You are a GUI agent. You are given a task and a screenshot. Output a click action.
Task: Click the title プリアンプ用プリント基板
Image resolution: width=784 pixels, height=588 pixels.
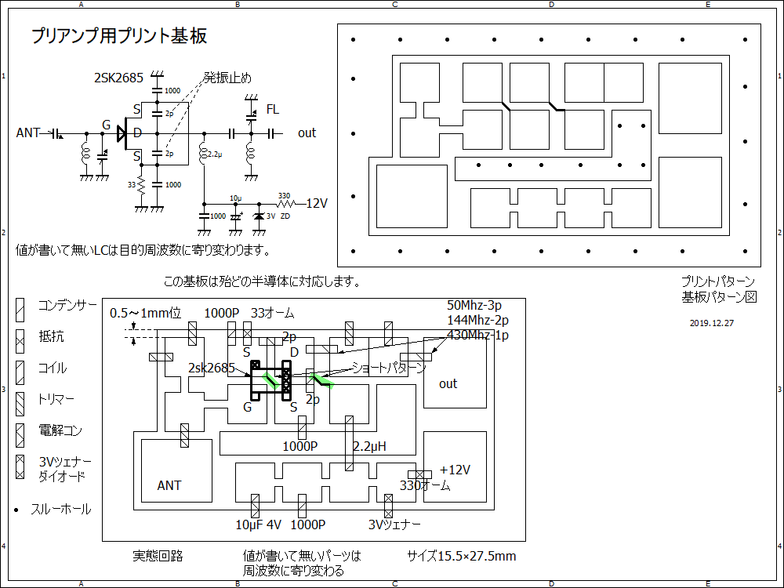[119, 36]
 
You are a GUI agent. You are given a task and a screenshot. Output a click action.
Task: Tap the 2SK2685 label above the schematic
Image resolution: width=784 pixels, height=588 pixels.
[118, 78]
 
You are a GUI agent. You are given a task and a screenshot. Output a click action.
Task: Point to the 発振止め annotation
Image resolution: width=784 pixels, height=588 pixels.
[227, 77]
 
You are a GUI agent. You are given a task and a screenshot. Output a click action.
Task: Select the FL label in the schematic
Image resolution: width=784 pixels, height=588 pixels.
[272, 109]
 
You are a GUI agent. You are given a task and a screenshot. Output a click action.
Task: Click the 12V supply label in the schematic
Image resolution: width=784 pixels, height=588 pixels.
[316, 203]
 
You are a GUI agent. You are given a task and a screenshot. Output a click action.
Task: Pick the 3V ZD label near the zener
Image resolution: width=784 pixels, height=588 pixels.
[278, 216]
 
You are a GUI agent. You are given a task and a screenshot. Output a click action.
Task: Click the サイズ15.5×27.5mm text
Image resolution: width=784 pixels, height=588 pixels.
[461, 556]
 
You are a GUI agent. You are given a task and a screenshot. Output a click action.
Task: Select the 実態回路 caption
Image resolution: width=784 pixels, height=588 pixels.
[158, 556]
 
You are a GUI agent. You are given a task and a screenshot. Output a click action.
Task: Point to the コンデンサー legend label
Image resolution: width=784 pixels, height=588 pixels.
[67, 306]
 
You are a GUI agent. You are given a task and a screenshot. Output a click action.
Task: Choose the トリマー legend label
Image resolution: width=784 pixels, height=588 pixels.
[56, 400]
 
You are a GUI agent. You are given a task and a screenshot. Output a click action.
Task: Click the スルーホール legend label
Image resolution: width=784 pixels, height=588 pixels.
[60, 510]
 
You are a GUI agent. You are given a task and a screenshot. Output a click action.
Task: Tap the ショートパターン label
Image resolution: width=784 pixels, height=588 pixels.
[389, 367]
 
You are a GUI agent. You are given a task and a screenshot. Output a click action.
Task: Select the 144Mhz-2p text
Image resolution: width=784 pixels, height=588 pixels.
[477, 320]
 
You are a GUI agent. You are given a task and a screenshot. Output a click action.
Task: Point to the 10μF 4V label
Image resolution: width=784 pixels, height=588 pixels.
[258, 524]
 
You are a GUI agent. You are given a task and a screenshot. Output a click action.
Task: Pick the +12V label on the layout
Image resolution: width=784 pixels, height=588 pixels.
[455, 470]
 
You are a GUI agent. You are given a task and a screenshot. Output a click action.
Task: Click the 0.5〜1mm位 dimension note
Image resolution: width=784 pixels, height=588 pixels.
[145, 313]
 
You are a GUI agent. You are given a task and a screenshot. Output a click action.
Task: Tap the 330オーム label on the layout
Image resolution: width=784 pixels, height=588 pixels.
[425, 485]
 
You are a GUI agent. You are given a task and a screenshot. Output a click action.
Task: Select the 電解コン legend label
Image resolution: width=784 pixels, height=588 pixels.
[60, 431]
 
